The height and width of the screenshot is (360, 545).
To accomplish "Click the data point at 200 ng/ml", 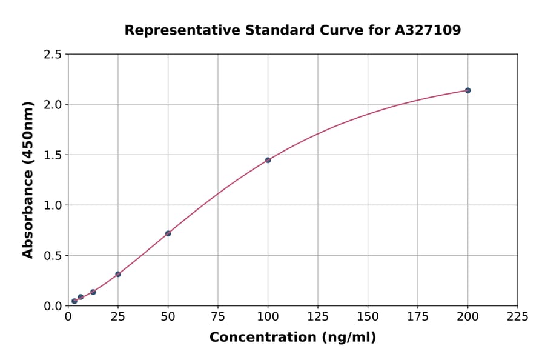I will (x=467, y=90).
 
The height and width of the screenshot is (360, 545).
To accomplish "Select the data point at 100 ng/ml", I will (x=268, y=160).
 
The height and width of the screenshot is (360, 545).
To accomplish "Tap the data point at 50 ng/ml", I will (x=168, y=233).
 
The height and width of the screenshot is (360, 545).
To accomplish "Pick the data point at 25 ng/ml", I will (x=118, y=274).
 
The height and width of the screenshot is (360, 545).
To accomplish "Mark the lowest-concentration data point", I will (x=74, y=301).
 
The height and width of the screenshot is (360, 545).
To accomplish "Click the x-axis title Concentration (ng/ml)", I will (x=292, y=338).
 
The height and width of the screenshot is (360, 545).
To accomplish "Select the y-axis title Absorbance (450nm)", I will (x=28, y=180).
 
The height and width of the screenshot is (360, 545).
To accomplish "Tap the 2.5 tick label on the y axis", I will (x=53, y=55).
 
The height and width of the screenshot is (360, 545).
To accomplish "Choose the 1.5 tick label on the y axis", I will (x=53, y=155).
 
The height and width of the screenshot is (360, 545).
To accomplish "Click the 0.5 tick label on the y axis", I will (x=53, y=256).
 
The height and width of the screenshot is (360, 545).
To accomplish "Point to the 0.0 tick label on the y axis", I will (x=53, y=306).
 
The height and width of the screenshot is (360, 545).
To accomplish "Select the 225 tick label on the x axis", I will (x=518, y=316).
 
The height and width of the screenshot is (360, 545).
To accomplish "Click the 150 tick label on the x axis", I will (x=368, y=316).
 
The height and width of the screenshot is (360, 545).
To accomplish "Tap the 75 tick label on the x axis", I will (x=218, y=316).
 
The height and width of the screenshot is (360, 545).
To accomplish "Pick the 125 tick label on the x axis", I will (x=318, y=316).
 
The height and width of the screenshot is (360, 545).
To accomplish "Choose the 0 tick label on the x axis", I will (x=68, y=316).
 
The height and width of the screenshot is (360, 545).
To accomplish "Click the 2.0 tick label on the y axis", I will (x=53, y=105).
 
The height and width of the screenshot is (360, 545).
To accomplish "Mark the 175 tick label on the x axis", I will (x=418, y=316).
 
